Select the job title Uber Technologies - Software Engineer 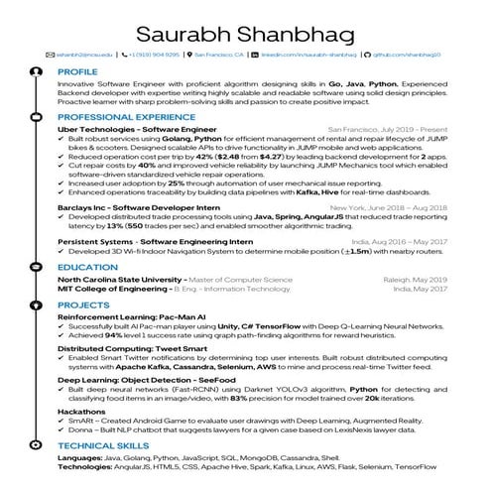click(x=129, y=129)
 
